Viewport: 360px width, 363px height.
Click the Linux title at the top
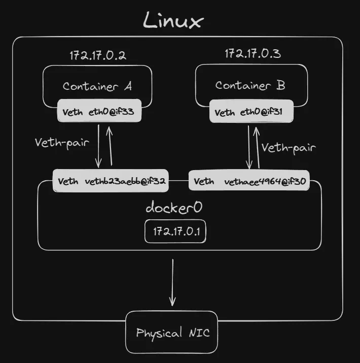tap(173, 21)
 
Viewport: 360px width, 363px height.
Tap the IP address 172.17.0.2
tap(97, 55)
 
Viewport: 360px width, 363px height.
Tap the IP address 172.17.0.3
tap(253, 54)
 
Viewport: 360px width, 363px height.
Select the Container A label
tap(97, 86)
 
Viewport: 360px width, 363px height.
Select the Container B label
tap(250, 85)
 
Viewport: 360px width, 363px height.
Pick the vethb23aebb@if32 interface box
tap(112, 181)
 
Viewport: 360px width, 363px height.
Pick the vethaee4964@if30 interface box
tap(249, 181)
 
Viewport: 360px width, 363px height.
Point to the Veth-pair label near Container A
tap(62, 142)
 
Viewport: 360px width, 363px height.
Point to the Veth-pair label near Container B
tap(289, 148)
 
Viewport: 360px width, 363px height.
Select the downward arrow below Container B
tap(248, 147)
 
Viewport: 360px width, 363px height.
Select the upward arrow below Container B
tap(258, 147)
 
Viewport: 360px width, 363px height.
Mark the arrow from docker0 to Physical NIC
tap(173, 282)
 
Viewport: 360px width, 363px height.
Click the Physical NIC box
tap(171, 333)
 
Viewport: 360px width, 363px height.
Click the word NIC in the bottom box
tap(198, 333)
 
